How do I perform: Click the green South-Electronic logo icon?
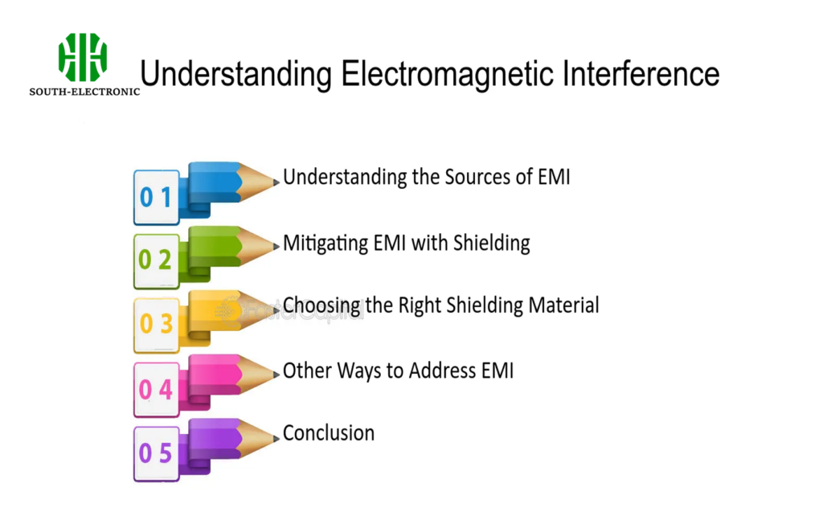coord(83,57)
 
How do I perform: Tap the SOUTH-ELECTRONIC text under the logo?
coord(84,92)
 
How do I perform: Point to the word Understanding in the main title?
coord(235,74)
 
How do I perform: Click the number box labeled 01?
coord(157,197)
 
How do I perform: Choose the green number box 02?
coord(157,260)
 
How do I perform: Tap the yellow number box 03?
coord(157,324)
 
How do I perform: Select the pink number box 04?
coord(157,389)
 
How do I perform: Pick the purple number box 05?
coord(157,453)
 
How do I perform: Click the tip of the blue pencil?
coord(275,178)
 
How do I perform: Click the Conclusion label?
coord(329,433)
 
